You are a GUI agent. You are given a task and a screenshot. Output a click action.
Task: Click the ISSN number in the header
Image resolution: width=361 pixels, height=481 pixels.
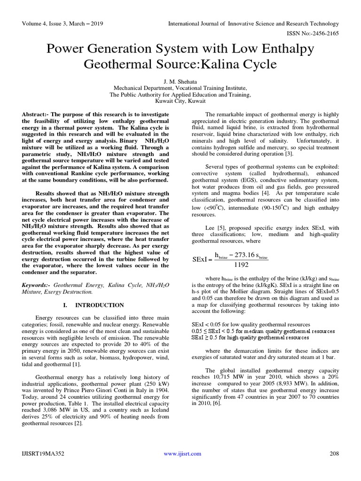pyautogui.click(x=313, y=34)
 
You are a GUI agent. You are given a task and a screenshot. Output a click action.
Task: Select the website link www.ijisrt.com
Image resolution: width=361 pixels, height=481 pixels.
pyautogui.click(x=182, y=453)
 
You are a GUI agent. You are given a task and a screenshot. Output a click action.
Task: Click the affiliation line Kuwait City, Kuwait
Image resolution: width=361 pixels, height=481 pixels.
pyautogui.click(x=180, y=101)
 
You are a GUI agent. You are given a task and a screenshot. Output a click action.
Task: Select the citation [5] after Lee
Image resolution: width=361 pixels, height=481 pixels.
pyautogui.click(x=220, y=228)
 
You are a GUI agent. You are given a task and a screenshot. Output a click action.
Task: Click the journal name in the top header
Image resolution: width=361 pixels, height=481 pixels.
pyautogui.click(x=254, y=23)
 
